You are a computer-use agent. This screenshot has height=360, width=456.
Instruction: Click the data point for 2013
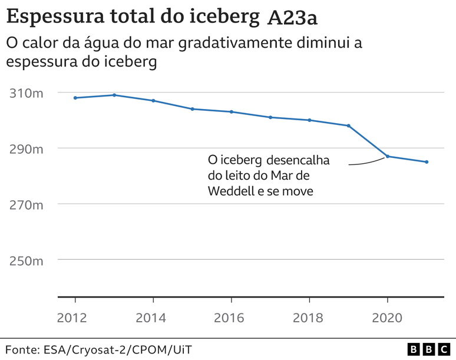click(x=114, y=95)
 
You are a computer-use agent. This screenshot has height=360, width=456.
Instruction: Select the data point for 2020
click(x=388, y=156)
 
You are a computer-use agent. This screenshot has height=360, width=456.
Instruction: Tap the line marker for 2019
click(x=349, y=125)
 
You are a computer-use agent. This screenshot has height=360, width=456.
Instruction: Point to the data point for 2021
click(x=427, y=162)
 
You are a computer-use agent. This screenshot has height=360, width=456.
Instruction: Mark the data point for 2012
click(x=75, y=98)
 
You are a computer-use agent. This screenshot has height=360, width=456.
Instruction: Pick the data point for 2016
click(x=232, y=112)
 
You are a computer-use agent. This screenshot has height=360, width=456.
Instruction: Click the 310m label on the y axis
click(x=26, y=93)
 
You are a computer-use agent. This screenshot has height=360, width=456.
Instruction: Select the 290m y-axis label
click(x=26, y=149)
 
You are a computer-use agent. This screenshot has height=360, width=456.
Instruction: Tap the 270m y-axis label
click(x=26, y=205)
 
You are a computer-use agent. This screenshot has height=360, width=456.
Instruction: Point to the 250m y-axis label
click(x=26, y=260)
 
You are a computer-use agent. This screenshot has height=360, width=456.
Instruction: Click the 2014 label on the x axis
click(x=153, y=318)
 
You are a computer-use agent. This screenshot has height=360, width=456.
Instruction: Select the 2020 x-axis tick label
click(x=387, y=318)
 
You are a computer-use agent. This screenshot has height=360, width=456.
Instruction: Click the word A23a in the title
click(x=292, y=18)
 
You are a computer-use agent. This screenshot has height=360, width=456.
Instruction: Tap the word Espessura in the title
click(x=52, y=17)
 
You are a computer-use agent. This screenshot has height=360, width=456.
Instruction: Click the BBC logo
click(x=428, y=349)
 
